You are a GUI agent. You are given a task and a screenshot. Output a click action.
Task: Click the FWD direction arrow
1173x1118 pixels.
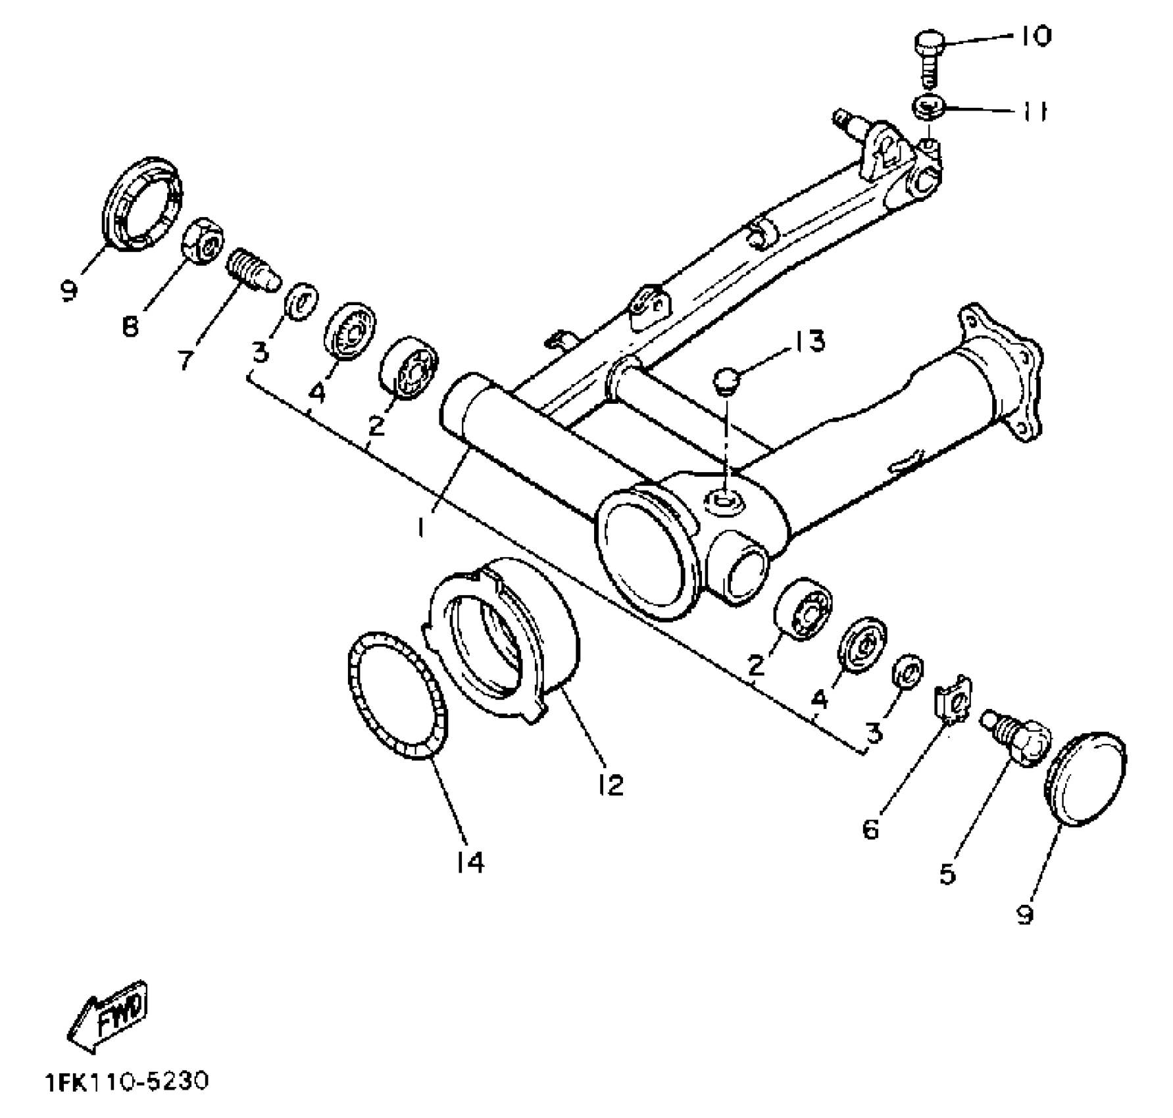point(109,1017)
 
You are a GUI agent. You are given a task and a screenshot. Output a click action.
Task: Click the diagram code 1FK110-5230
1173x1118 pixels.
point(127,1081)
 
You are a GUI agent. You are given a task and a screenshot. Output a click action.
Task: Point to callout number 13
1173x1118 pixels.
point(809,341)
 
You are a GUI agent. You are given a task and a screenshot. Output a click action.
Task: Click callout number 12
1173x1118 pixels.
point(611,784)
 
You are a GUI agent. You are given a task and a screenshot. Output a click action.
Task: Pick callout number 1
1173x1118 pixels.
point(422,527)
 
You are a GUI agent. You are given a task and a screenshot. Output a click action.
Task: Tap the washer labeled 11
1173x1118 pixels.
point(928,107)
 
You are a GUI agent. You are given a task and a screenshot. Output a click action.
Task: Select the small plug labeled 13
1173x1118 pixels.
point(726,381)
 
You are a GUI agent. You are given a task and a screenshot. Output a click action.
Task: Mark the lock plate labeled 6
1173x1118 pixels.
point(952,702)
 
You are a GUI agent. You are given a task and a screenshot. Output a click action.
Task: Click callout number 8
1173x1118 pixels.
point(131,326)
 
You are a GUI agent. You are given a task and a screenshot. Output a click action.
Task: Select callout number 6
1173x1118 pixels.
point(870,830)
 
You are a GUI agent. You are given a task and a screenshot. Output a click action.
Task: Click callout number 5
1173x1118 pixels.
point(947,873)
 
